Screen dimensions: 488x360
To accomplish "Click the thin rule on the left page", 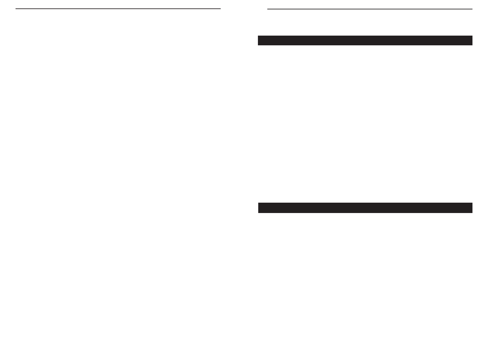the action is [x=118, y=9].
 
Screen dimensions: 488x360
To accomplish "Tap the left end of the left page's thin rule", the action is [x=16, y=9].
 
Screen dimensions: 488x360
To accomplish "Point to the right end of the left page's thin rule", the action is [x=220, y=9].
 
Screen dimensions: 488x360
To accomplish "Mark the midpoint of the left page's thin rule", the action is [x=118, y=9].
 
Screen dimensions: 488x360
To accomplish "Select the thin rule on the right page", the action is [x=370, y=9].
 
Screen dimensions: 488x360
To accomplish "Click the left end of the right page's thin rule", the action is [x=268, y=9].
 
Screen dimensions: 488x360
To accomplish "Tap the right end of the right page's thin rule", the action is [x=472, y=9].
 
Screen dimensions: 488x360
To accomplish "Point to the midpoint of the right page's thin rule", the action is [x=370, y=9].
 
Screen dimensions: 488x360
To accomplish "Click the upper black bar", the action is [x=365, y=40].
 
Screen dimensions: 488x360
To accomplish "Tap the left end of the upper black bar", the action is [x=259, y=40].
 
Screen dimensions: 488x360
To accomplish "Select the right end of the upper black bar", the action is [x=472, y=40].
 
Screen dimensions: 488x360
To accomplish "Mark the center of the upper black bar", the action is [x=365, y=40].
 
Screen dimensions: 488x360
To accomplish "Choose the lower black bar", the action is [x=365, y=208].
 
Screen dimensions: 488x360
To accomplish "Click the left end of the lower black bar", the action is [x=259, y=208].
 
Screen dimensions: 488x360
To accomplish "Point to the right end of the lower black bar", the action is [x=472, y=208].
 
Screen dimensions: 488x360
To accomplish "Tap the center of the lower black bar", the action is [x=365, y=208].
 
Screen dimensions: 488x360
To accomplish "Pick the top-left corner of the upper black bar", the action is [x=258, y=36].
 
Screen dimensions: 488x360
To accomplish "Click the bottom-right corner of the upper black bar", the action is [x=472, y=45].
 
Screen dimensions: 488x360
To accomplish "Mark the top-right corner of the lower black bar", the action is [x=472, y=203].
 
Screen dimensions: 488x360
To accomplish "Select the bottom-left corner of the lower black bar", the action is [x=259, y=213].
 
